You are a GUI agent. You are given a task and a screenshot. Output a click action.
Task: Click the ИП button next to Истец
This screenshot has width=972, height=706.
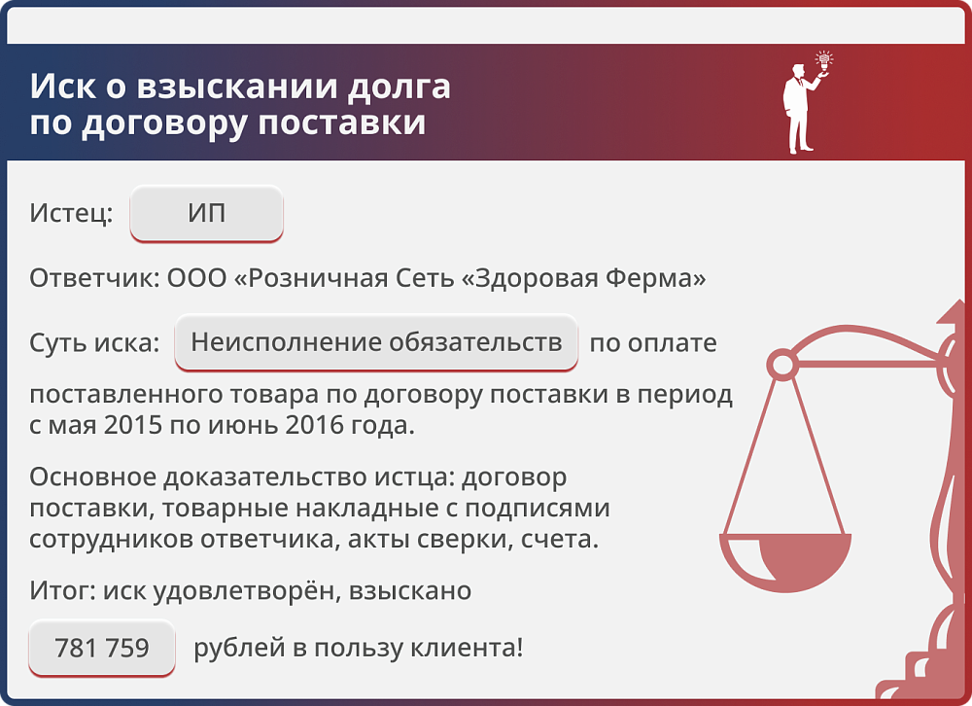(206, 213)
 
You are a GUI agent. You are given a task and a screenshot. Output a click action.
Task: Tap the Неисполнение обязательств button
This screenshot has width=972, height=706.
(376, 342)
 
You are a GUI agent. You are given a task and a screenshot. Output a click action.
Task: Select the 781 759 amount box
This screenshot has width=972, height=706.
(102, 648)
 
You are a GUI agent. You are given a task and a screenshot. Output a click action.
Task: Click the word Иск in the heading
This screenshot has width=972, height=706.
(60, 87)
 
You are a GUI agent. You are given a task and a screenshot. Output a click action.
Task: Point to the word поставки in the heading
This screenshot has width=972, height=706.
(345, 124)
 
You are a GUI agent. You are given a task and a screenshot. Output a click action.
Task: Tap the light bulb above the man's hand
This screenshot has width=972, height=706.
(825, 60)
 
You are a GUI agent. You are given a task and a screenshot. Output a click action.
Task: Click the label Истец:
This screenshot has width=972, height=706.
(71, 214)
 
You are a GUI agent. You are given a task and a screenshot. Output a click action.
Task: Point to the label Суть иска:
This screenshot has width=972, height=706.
(94, 343)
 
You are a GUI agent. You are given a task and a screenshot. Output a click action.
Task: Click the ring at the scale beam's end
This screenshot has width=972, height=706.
(781, 366)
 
